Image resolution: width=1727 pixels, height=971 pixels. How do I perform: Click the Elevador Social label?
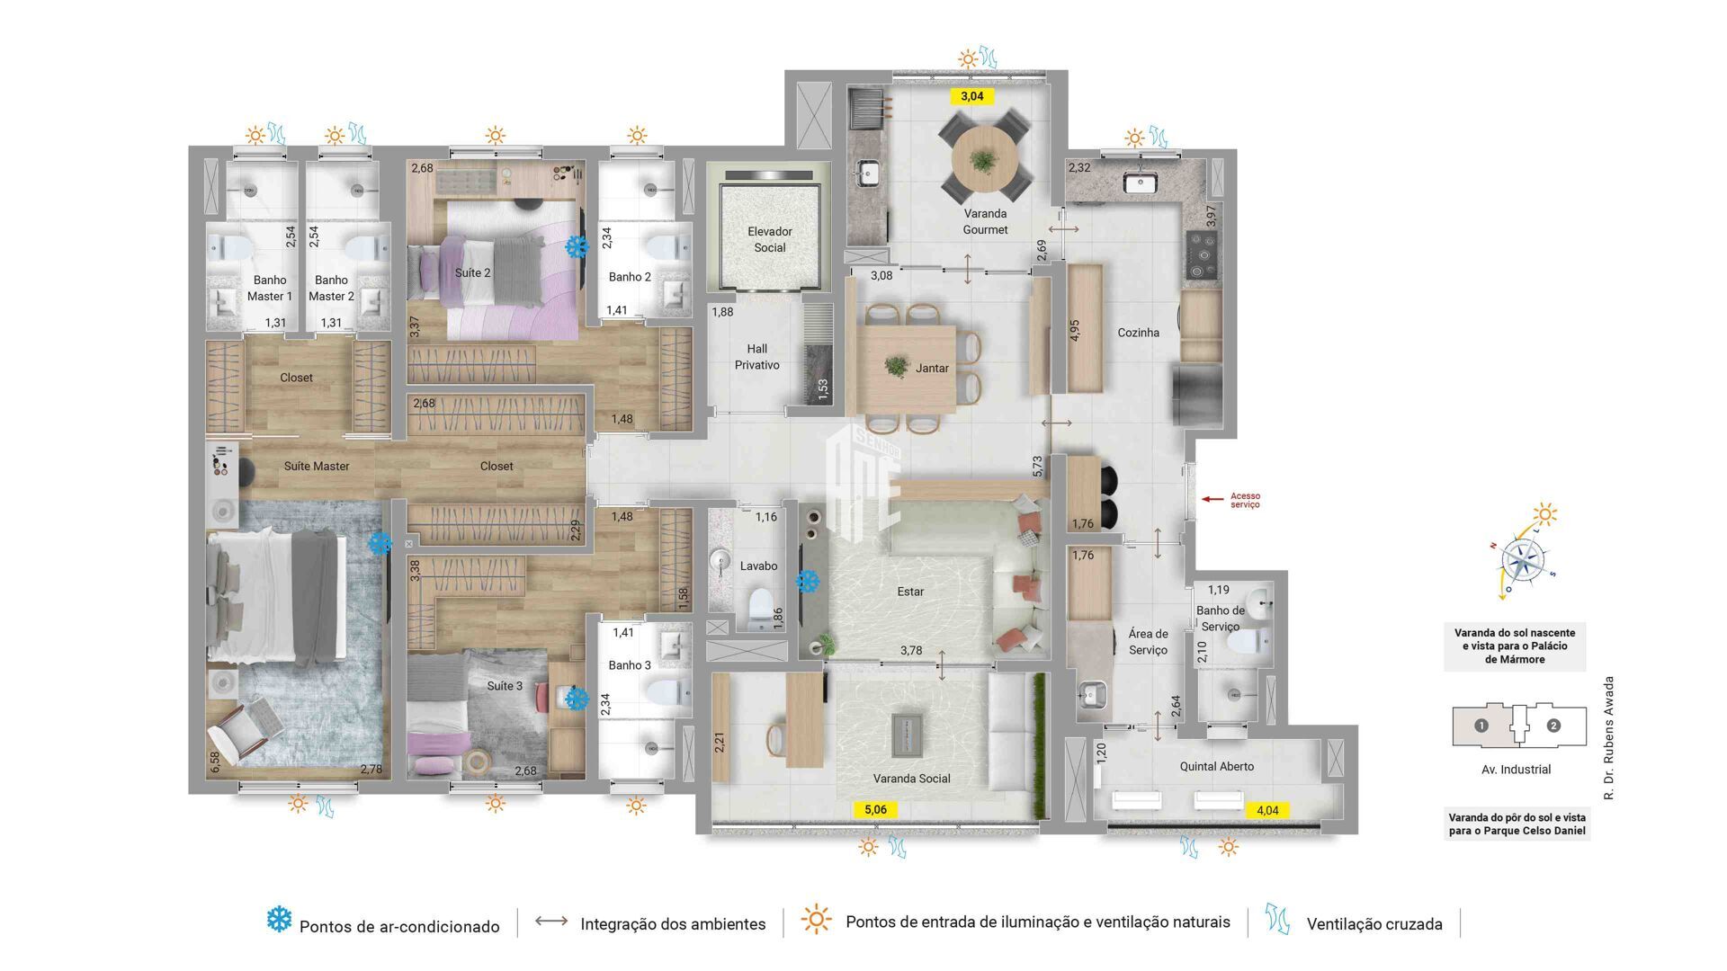769,239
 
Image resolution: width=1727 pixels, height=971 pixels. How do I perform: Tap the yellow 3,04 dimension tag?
971,96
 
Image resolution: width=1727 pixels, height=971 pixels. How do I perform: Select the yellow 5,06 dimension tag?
875,809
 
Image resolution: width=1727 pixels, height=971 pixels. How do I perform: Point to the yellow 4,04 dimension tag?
1266,810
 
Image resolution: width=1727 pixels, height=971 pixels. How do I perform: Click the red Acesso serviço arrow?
1213,498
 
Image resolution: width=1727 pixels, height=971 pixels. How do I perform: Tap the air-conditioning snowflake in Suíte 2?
576,245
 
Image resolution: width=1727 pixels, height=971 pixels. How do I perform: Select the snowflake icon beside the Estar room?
808,582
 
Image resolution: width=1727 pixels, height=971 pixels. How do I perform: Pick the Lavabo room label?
758,566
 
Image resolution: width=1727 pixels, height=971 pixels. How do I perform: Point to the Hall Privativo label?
756,357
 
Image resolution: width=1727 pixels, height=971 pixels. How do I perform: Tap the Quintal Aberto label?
1216,766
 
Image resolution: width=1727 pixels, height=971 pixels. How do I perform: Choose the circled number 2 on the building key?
1553,726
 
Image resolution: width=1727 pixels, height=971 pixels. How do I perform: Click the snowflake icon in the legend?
279,919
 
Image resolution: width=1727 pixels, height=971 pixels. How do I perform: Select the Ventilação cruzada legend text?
1374,924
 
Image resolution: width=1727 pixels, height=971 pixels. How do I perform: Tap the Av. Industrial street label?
1516,770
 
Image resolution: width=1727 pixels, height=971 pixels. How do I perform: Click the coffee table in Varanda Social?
907,734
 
